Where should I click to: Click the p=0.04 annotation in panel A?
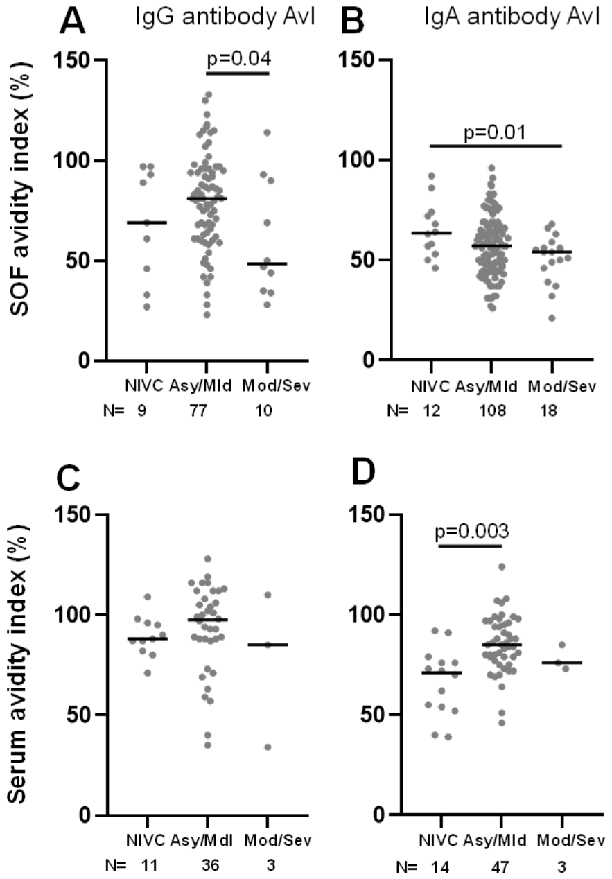click(239, 59)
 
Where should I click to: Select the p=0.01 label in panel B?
click(495, 132)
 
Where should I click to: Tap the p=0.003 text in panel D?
click(471, 531)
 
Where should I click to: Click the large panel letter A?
click(72, 22)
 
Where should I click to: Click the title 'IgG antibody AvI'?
click(225, 17)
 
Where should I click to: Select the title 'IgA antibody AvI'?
click(512, 17)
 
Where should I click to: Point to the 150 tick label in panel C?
click(73, 514)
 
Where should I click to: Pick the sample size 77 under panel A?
click(198, 411)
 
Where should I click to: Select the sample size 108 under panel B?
click(492, 411)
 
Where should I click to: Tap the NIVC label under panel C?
click(146, 840)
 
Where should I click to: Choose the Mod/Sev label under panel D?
click(571, 840)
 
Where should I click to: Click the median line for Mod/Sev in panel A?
click(267, 263)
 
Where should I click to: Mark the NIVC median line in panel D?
click(441, 672)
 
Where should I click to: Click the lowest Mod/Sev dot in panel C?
click(268, 747)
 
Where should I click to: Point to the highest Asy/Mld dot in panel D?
click(502, 566)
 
